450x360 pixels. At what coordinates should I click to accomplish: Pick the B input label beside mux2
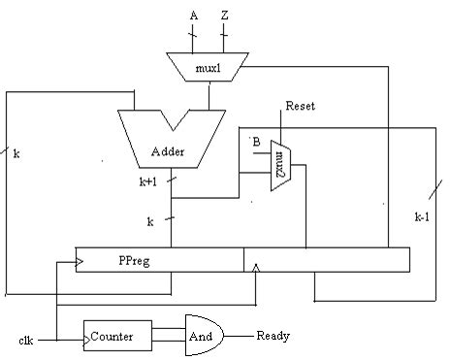coord(257,143)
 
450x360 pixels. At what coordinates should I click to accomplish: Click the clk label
coord(26,341)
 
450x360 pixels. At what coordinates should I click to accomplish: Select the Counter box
coord(116,337)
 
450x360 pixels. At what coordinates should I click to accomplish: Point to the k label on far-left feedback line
coord(17,153)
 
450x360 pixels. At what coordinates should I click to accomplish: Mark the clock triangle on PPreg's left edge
coord(80,261)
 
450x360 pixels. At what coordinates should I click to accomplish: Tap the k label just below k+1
coord(150,221)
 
